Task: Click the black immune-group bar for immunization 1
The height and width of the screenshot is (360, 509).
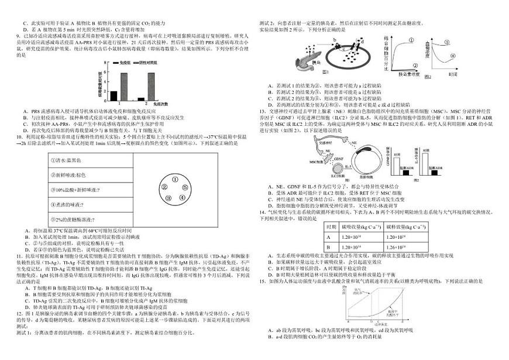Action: (x=114, y=96)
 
